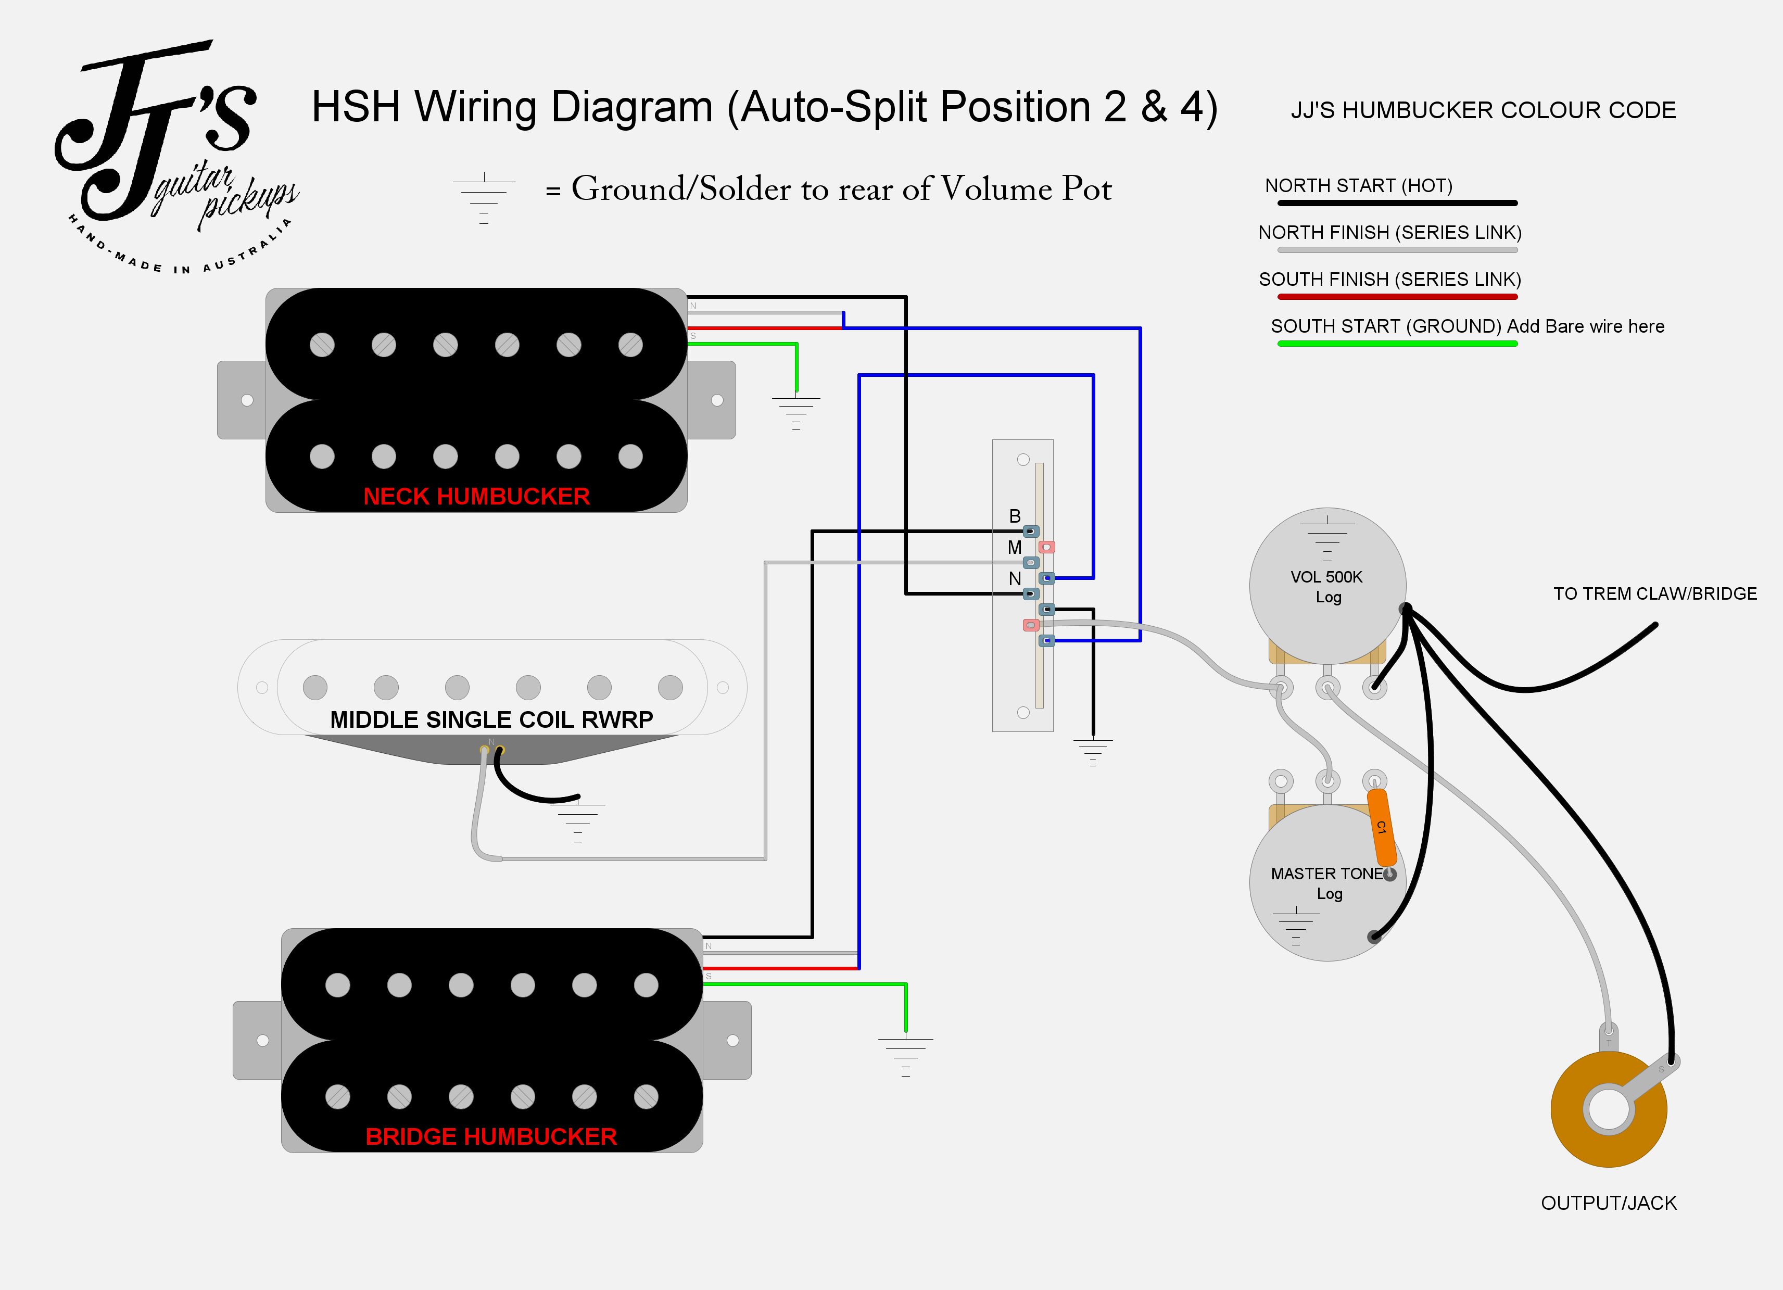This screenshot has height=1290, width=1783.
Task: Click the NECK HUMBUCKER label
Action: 476,496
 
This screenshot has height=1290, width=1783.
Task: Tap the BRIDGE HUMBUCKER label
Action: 491,1137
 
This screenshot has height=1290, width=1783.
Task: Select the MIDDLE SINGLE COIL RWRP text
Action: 491,719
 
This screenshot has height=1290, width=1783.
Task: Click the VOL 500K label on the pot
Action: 1326,577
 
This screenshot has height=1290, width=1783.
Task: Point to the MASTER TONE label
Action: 1326,874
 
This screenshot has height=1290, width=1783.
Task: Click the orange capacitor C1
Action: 1381,827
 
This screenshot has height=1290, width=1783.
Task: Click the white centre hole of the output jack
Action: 1609,1109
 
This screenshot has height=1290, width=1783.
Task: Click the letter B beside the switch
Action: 1015,516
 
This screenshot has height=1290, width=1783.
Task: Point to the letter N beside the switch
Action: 1015,578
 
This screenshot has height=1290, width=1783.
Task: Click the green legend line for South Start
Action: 1397,344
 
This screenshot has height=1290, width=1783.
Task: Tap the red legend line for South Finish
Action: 1397,297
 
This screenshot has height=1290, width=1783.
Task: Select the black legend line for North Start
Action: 1397,203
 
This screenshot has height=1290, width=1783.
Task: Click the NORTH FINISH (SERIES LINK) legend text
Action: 1390,233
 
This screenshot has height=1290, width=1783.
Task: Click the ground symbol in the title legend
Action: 484,198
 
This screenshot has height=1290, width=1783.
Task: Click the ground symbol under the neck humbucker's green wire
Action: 796,413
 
